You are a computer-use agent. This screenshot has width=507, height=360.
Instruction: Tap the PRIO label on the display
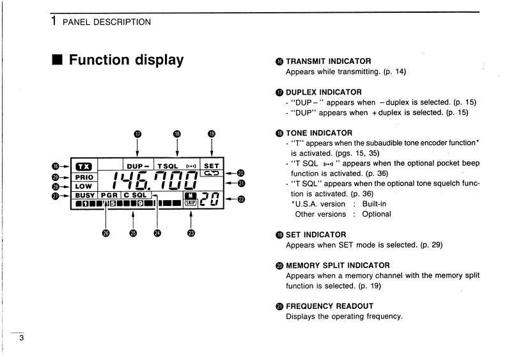(x=84, y=177)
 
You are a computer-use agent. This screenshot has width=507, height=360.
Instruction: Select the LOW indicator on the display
(x=83, y=186)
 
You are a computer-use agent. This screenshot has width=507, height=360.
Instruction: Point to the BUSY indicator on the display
(x=84, y=195)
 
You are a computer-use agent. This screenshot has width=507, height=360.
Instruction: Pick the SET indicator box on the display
(x=210, y=166)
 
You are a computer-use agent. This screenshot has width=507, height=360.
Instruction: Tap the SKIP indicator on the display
(x=191, y=204)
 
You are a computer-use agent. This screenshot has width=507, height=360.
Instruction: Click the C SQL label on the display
(x=135, y=195)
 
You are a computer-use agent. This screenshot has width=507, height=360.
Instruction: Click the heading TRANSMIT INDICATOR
(x=324, y=61)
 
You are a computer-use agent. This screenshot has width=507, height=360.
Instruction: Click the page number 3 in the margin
(x=21, y=338)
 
